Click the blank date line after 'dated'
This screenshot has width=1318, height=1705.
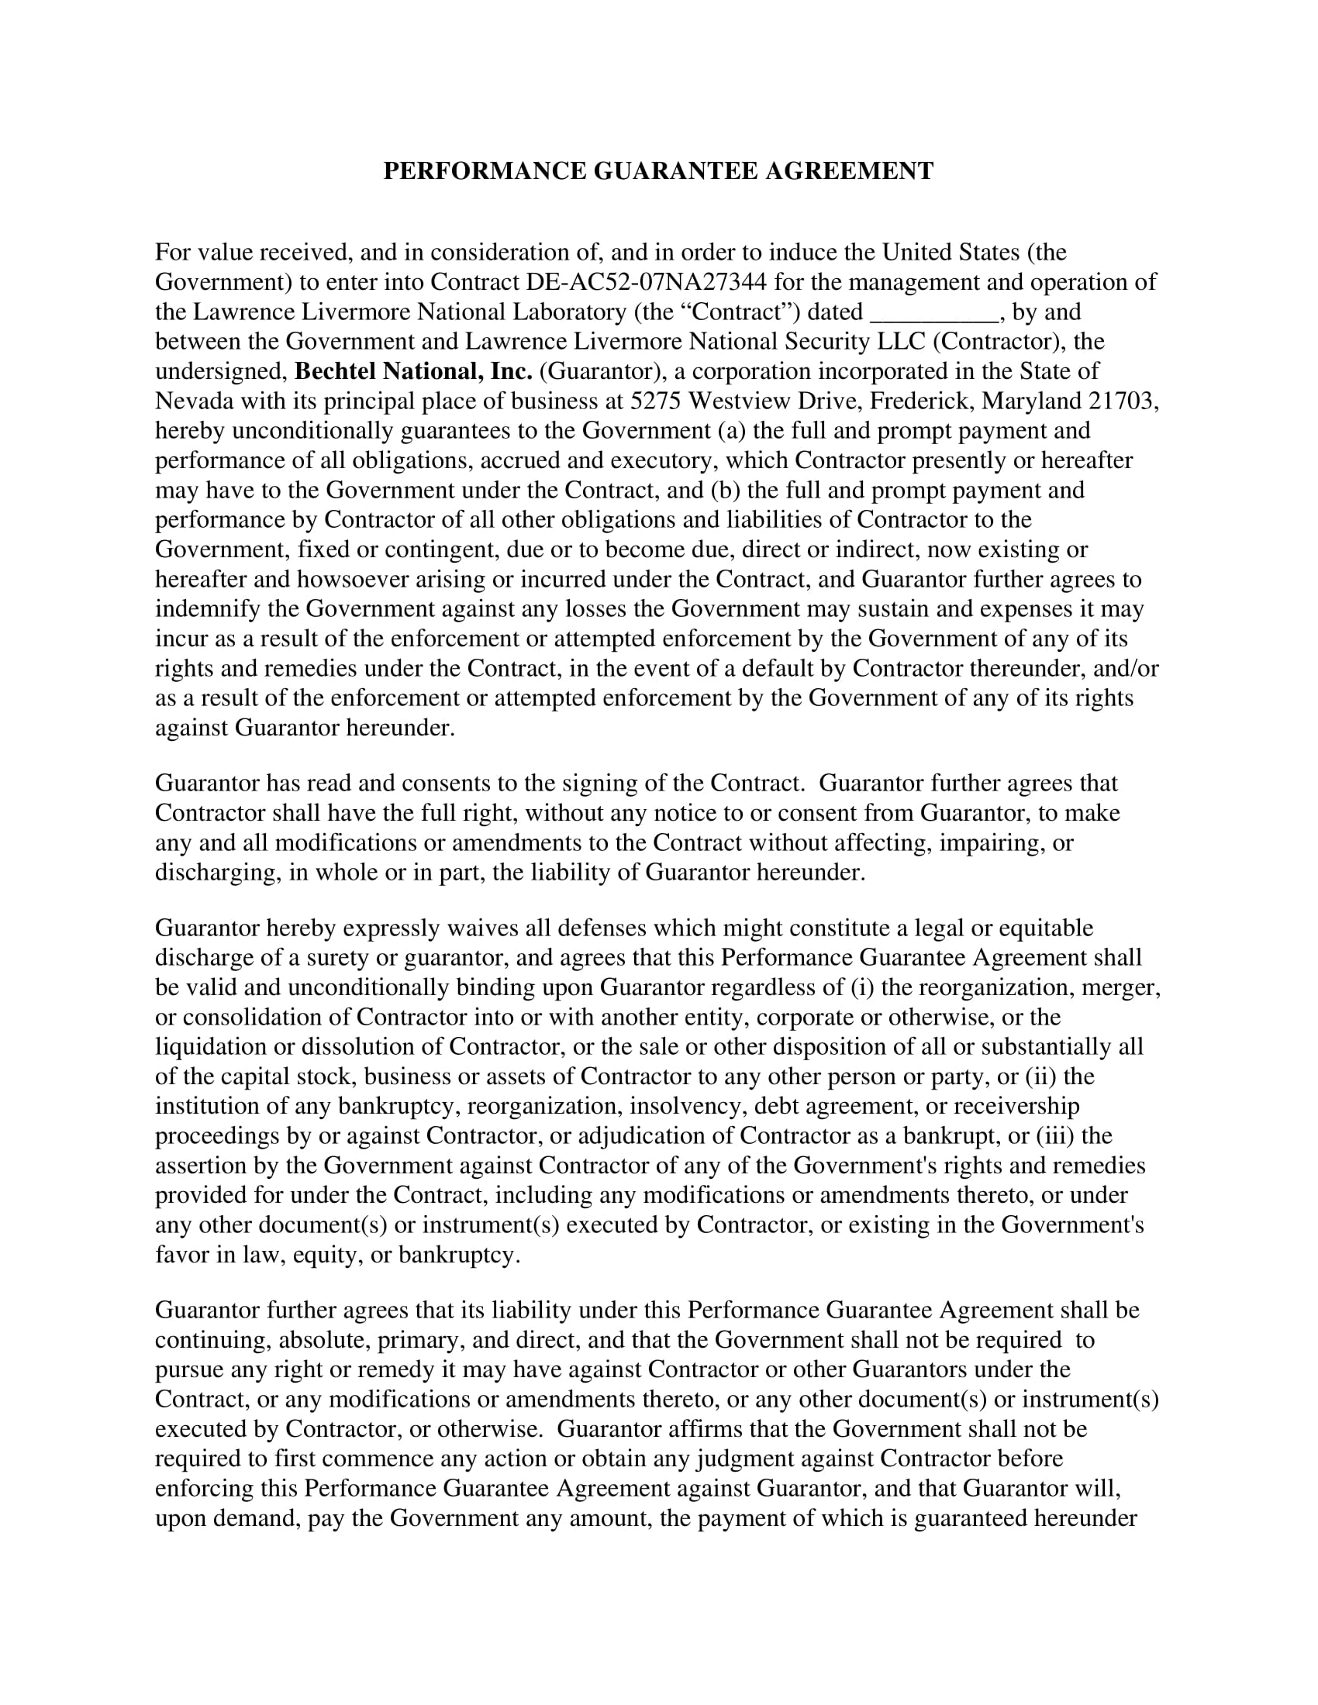pyautogui.click(x=934, y=312)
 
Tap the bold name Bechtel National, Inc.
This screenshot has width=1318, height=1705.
pyautogui.click(x=413, y=371)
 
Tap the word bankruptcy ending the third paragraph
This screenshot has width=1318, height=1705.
pyautogui.click(x=458, y=1255)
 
